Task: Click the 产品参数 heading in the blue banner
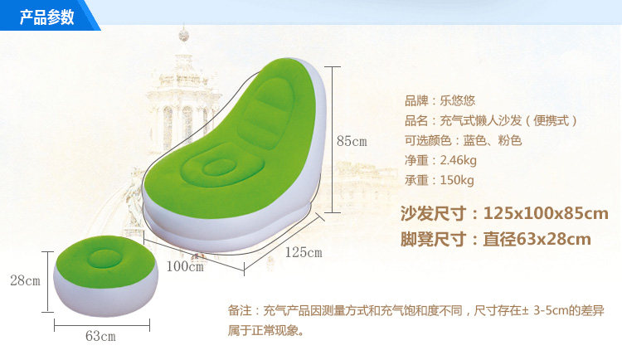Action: point(46,17)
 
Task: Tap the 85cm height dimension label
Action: point(352,141)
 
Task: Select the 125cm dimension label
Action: point(304,252)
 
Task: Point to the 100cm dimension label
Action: point(185,266)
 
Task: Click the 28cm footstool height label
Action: point(26,280)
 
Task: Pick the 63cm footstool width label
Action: point(100,336)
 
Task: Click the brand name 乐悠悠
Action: point(457,101)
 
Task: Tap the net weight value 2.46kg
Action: point(458,160)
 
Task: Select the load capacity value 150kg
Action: point(457,180)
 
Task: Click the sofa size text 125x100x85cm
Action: point(546,213)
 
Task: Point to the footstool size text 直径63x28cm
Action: point(537,240)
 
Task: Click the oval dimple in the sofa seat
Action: point(220,167)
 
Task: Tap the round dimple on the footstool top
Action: point(105,259)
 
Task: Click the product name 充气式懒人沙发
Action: point(481,120)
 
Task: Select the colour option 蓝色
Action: point(475,140)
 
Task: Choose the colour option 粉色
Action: point(510,140)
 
